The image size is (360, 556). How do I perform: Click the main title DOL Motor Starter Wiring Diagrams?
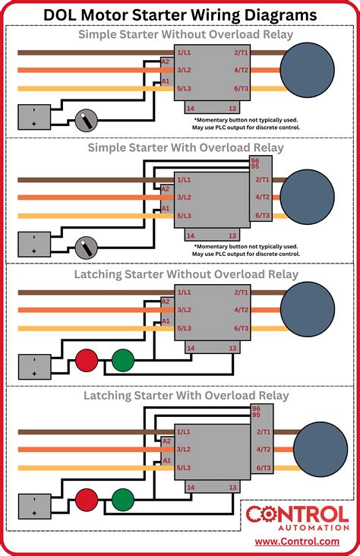pos(180,13)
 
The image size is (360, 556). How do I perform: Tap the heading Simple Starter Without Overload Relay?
pos(180,34)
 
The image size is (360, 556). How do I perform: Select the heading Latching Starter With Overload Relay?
pos(180,396)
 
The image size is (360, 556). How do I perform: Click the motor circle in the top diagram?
pos(307,71)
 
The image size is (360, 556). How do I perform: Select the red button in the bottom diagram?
pos(87,500)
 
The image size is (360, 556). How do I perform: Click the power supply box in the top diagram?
pos(33,117)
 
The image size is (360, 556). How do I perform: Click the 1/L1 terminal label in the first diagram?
pos(183,52)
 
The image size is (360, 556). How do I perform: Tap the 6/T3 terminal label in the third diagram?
pos(242,328)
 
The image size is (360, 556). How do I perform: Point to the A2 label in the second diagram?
pos(166,188)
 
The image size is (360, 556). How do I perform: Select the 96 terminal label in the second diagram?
pos(255,161)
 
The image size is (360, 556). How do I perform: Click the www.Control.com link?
pos(297,542)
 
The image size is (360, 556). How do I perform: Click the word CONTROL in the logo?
pos(297,514)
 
